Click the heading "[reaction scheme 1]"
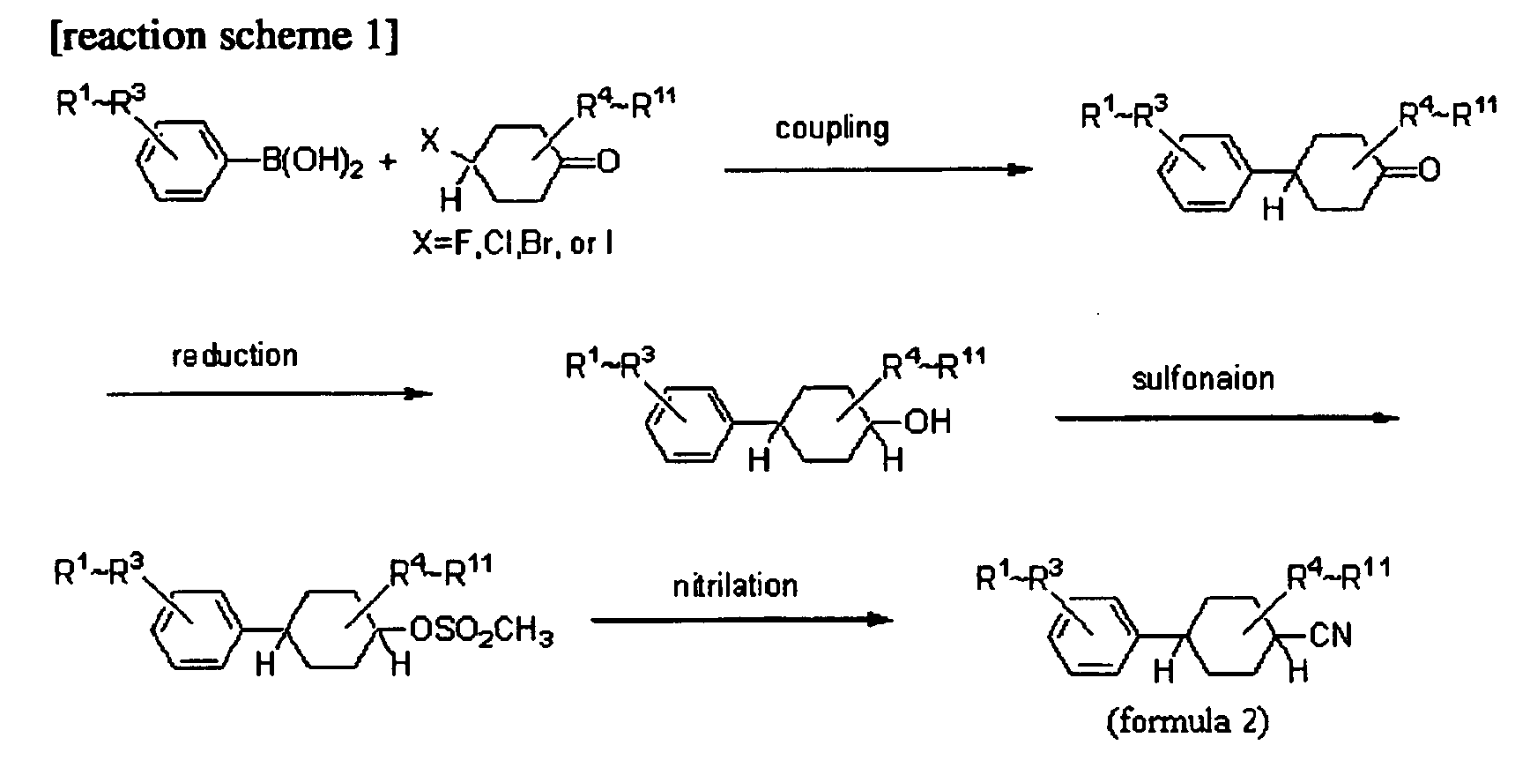click(x=224, y=37)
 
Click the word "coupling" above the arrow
click(x=832, y=129)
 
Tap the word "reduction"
click(x=234, y=355)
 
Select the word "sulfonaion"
click(x=1203, y=378)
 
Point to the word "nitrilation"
click(x=735, y=585)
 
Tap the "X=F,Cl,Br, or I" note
click(x=513, y=242)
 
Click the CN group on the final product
click(x=1331, y=635)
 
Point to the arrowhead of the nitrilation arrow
click(x=879, y=620)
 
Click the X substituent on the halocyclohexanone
click(x=429, y=141)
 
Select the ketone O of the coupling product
click(x=1429, y=168)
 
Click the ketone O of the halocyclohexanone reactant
click(x=608, y=163)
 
